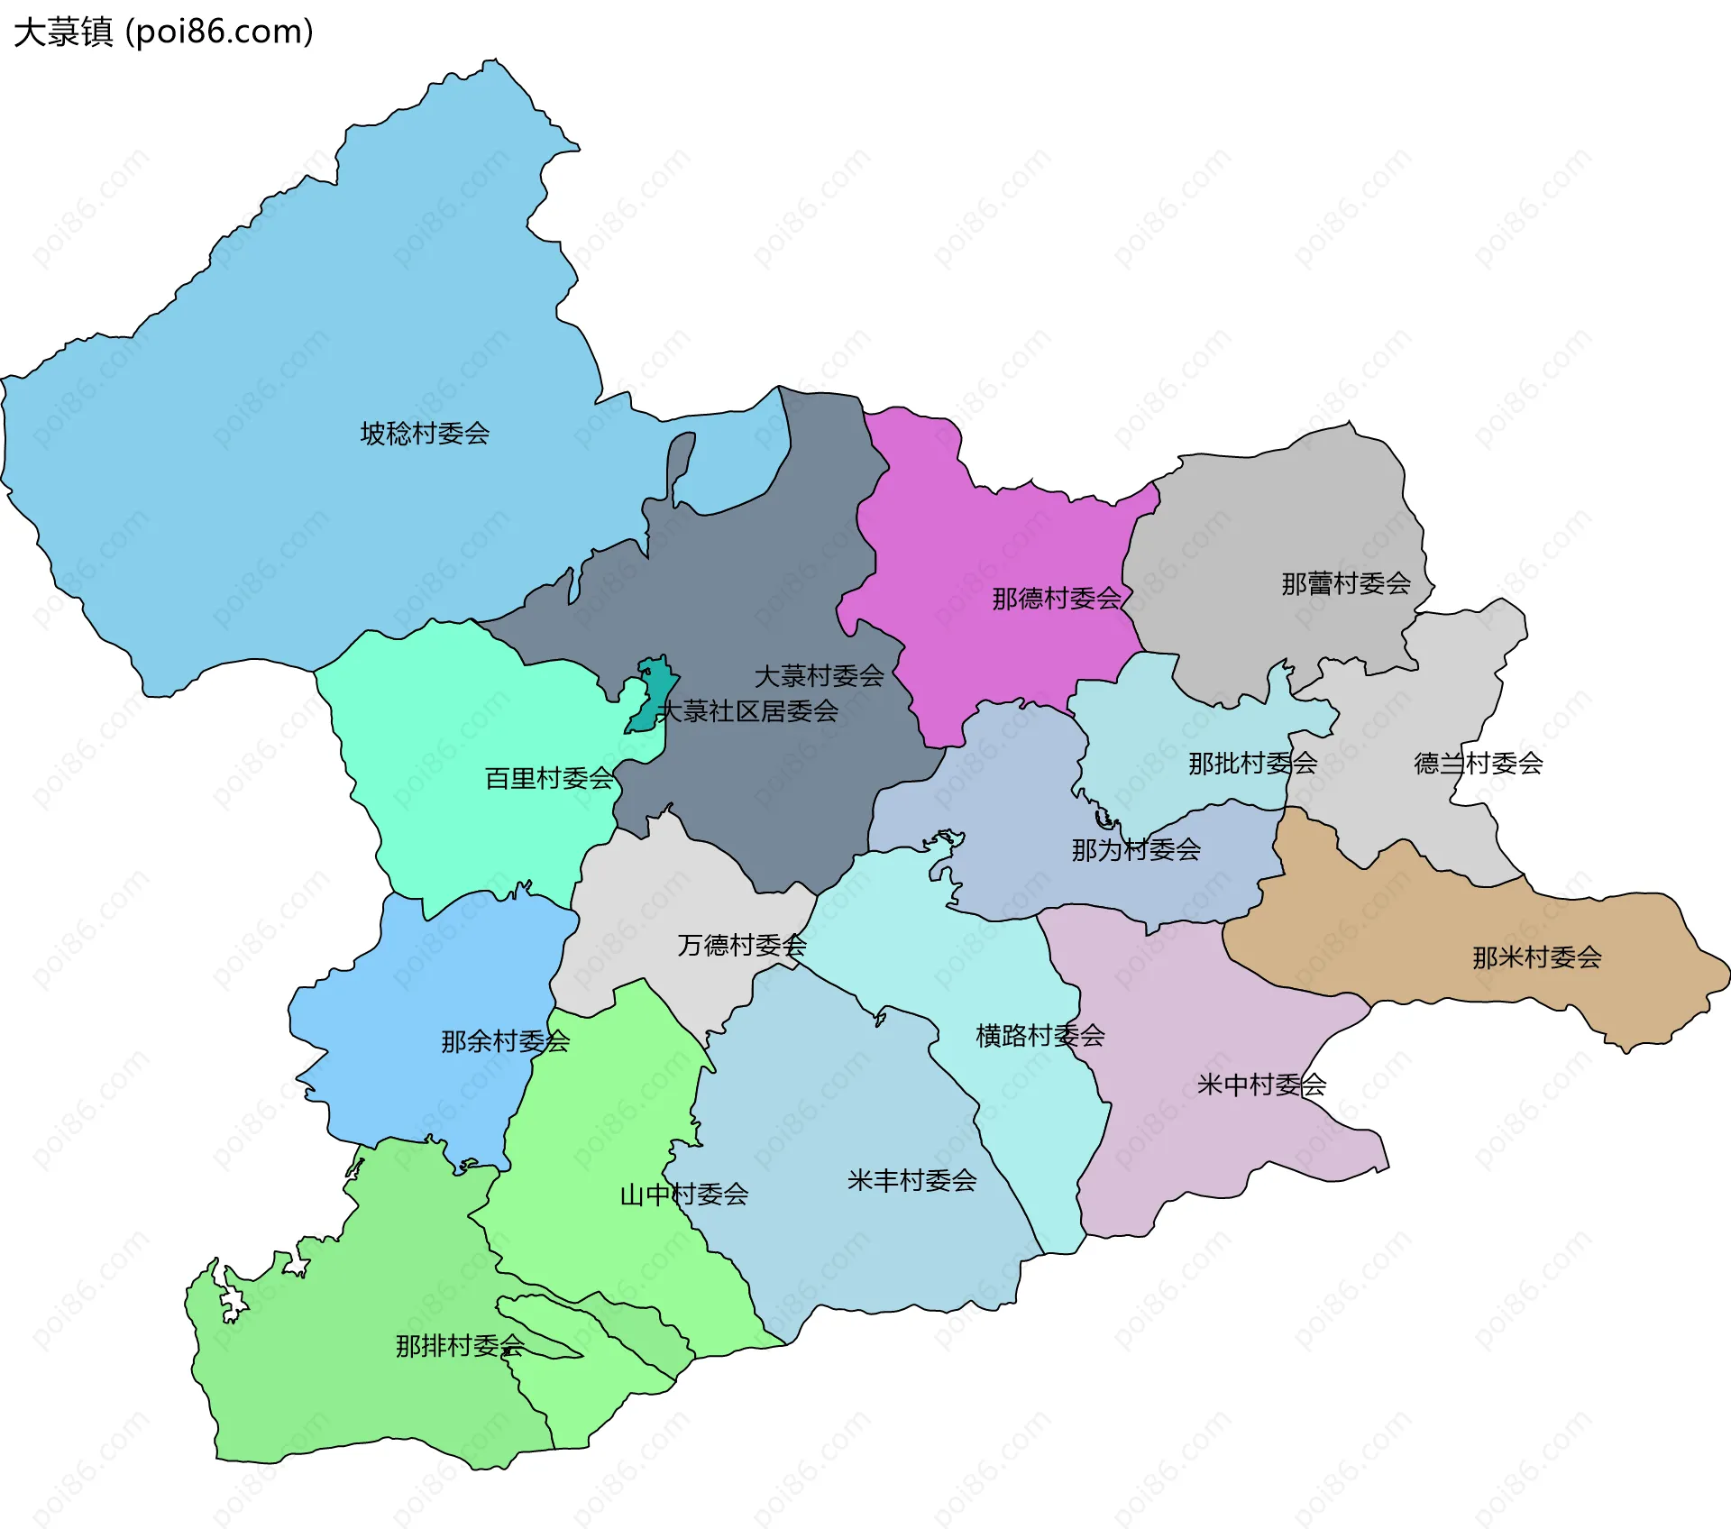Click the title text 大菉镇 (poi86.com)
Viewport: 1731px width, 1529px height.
pyautogui.click(x=163, y=32)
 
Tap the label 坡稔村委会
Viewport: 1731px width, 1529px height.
pyautogui.click(x=425, y=434)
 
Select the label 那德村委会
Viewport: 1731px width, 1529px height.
pyautogui.click(x=1056, y=599)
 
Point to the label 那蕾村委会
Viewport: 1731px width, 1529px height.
pyautogui.click(x=1345, y=584)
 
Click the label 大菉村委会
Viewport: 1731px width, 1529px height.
pyautogui.click(x=819, y=676)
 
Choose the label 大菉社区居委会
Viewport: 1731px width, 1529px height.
pyautogui.click(x=748, y=711)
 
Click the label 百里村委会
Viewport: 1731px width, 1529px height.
pyautogui.click(x=549, y=778)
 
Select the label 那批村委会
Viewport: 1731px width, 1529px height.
pyautogui.click(x=1252, y=764)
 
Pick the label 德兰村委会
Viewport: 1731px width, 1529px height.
pyautogui.click(x=1478, y=764)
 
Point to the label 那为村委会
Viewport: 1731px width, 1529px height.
pyautogui.click(x=1135, y=849)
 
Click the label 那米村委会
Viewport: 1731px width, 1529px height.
pyautogui.click(x=1536, y=957)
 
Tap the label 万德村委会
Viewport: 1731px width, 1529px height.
pyautogui.click(x=741, y=945)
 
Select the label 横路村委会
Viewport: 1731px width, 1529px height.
pyautogui.click(x=1040, y=1035)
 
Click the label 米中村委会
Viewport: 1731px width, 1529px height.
pyautogui.click(x=1260, y=1085)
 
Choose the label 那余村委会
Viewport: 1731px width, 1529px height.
pyautogui.click(x=505, y=1041)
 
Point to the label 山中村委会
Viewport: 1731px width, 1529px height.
pyautogui.click(x=683, y=1195)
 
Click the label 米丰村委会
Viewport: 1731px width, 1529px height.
pyautogui.click(x=911, y=1180)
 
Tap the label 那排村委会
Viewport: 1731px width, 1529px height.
pyautogui.click(x=460, y=1346)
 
